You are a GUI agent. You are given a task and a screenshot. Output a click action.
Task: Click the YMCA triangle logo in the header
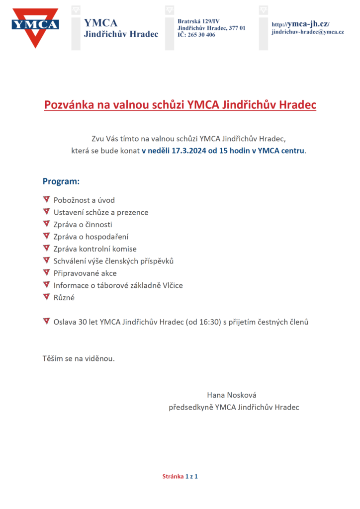coord(35,27)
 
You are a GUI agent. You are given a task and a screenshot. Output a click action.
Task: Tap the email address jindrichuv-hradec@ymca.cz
coord(308,32)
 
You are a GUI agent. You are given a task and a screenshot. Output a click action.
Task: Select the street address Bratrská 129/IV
coord(198,21)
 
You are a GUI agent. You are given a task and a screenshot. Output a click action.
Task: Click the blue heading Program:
coord(61,181)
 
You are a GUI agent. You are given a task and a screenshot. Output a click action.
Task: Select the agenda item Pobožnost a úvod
coord(84,200)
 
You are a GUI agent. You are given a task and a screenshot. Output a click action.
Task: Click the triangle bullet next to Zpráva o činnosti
coord(46,224)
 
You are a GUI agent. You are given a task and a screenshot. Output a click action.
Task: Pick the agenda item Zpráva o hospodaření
coord(91,237)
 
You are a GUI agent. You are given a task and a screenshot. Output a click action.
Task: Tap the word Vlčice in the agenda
coord(172,285)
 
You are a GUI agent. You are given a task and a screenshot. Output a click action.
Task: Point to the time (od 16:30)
coord(203,322)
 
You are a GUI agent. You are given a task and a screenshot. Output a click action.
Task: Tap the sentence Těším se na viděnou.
coord(79,358)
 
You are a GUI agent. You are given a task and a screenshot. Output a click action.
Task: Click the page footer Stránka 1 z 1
coord(180,477)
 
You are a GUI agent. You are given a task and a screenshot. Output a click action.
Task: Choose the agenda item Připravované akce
coord(85,273)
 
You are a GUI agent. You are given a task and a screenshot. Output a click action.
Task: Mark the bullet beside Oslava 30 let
coord(46,321)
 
